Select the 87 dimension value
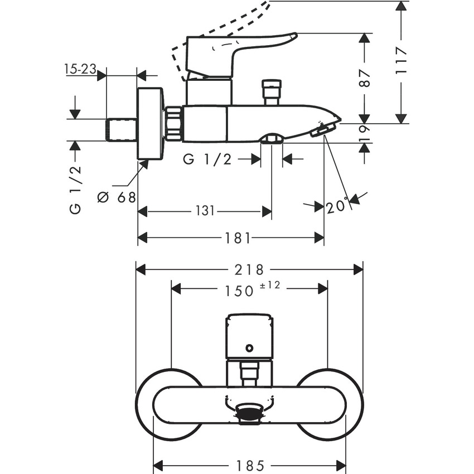point(365,78)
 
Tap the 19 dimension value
point(365,133)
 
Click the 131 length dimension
point(205,211)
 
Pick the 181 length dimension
point(238,238)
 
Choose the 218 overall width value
point(249,270)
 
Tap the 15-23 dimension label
point(80,69)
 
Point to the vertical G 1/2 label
point(75,190)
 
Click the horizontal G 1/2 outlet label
point(207,159)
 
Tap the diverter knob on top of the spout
point(270,92)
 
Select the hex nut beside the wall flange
point(174,123)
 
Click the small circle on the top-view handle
point(249,349)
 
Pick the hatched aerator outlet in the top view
point(249,413)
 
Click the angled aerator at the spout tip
point(322,130)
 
